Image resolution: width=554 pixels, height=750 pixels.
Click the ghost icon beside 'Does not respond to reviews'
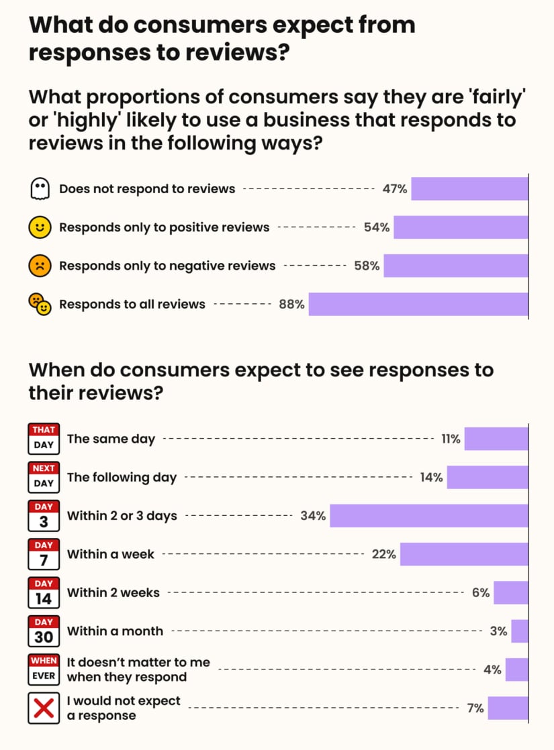[x=40, y=189]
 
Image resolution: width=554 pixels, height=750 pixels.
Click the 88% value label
[x=291, y=305]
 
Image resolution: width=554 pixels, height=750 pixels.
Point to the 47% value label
[x=395, y=189]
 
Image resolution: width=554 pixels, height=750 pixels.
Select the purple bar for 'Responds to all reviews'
[x=418, y=304]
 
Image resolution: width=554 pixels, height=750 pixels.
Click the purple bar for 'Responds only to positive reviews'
[x=461, y=227]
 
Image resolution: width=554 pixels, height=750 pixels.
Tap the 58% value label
[x=367, y=266]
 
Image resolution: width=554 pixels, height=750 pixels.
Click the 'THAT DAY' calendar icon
[x=44, y=439]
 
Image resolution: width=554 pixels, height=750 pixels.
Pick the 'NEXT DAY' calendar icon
[x=44, y=477]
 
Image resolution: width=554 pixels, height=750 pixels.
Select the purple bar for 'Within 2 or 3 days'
[x=428, y=516]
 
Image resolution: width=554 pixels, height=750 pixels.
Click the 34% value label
[x=313, y=516]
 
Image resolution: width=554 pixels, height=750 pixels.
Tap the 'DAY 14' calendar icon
[x=44, y=592]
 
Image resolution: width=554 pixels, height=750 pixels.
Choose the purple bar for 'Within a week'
[x=463, y=554]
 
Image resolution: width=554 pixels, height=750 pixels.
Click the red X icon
[x=44, y=708]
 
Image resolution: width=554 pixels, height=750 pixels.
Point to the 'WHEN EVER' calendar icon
[x=44, y=669]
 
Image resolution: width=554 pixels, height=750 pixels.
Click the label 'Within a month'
[x=115, y=631]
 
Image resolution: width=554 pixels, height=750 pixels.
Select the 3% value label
[x=499, y=631]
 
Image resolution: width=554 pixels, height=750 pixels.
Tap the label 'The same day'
[x=111, y=439]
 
